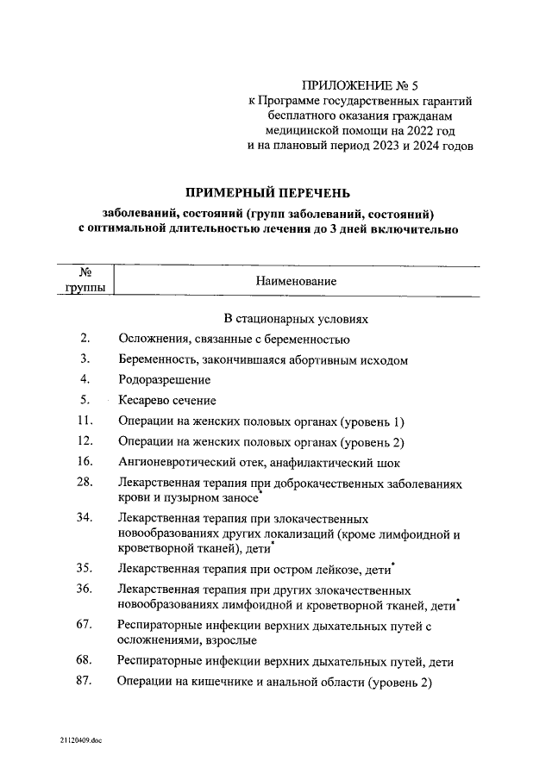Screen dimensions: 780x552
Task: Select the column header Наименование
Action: pyautogui.click(x=296, y=281)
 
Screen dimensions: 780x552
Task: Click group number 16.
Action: pyautogui.click(x=85, y=462)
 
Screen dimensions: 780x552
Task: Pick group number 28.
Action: pyautogui.click(x=85, y=484)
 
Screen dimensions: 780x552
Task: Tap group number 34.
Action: pyautogui.click(x=85, y=518)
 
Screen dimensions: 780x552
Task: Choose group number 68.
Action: pyautogui.click(x=85, y=661)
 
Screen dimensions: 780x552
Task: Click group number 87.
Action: pyautogui.click(x=85, y=682)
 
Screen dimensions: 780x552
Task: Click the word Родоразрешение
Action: pyautogui.click(x=164, y=379)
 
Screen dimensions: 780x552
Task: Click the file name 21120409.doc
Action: pyautogui.click(x=80, y=740)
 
